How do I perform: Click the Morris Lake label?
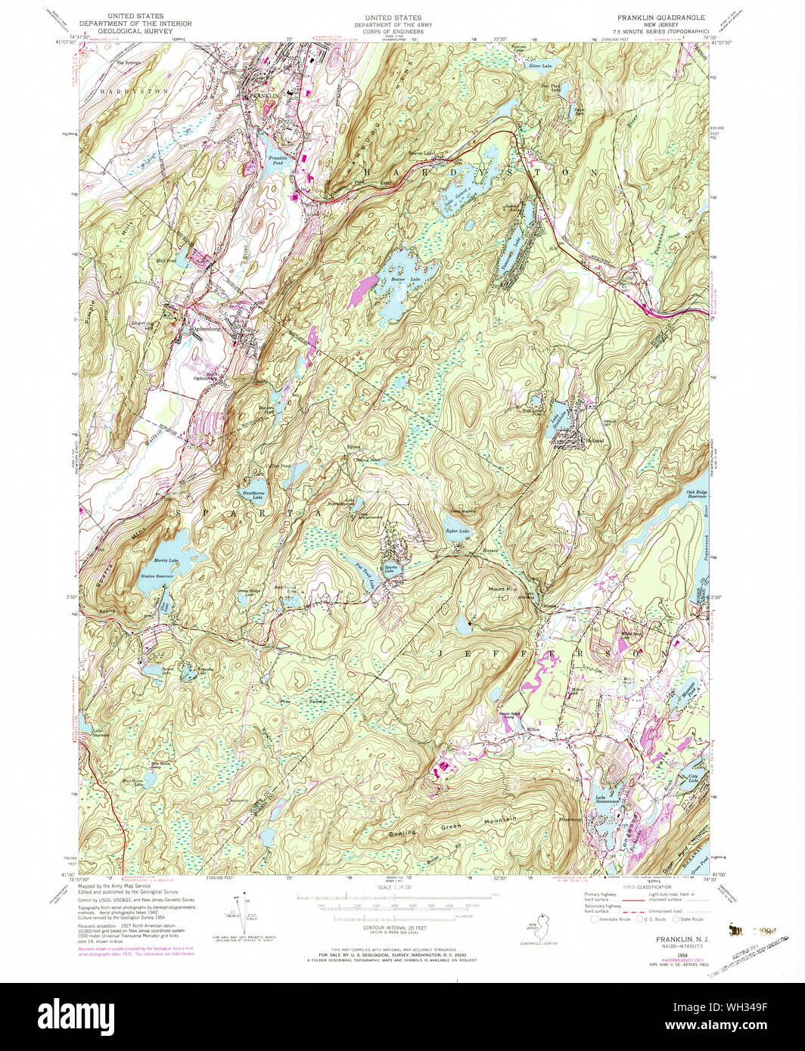[166, 560]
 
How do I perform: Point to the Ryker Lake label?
[456, 532]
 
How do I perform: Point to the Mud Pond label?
[166, 259]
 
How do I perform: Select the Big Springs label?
[130, 62]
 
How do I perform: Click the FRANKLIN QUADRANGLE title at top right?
[660, 17]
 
